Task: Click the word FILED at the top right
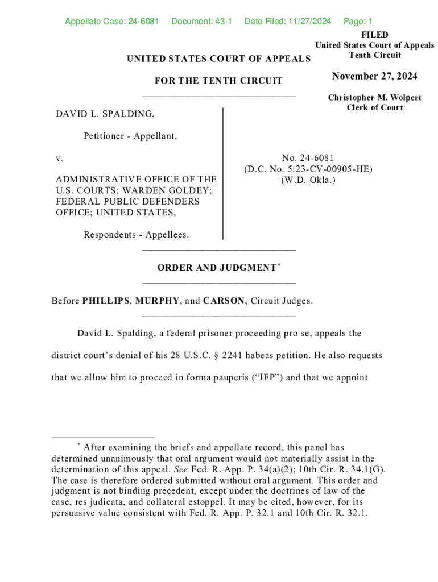click(x=375, y=35)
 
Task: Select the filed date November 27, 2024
click(x=375, y=77)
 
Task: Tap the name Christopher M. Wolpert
click(x=375, y=98)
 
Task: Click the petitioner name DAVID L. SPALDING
click(x=105, y=115)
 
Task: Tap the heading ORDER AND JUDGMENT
click(x=217, y=268)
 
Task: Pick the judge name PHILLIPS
click(x=106, y=301)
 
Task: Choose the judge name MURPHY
click(x=158, y=301)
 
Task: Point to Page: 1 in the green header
click(x=358, y=22)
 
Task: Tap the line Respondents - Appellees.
click(x=137, y=235)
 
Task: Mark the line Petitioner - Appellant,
click(x=130, y=136)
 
